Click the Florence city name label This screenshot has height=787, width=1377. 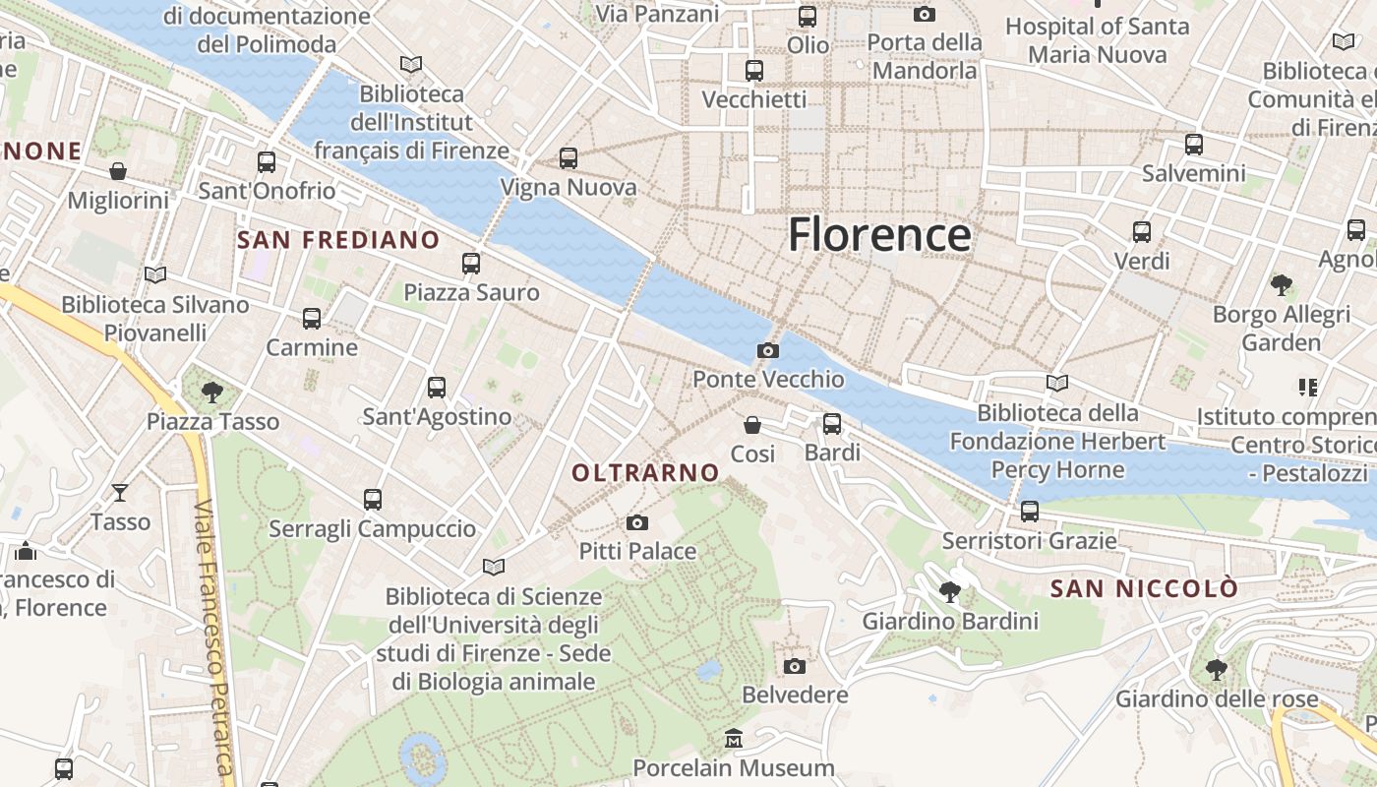[879, 235]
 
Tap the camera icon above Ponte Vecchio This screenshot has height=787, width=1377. [767, 350]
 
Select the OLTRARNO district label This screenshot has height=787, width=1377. [645, 473]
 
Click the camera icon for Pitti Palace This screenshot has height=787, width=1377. [637, 522]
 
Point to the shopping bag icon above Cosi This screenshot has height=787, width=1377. [752, 425]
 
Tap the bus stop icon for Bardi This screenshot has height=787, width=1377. [832, 424]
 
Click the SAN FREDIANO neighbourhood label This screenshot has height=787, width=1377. [338, 240]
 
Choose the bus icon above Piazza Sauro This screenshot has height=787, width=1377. [471, 264]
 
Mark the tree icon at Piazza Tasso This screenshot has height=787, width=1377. [211, 393]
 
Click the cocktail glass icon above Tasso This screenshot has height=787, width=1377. [120, 492]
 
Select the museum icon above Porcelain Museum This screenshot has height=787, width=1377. [734, 738]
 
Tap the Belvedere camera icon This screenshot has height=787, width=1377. [795, 666]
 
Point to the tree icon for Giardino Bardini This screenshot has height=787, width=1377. [949, 591]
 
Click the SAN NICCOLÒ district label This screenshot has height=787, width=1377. [1144, 589]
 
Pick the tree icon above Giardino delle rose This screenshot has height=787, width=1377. [1216, 670]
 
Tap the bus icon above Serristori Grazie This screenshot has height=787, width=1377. [1030, 512]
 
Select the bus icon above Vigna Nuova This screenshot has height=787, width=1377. [569, 157]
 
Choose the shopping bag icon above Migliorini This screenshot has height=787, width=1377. [118, 171]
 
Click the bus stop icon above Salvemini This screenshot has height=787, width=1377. [1194, 145]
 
